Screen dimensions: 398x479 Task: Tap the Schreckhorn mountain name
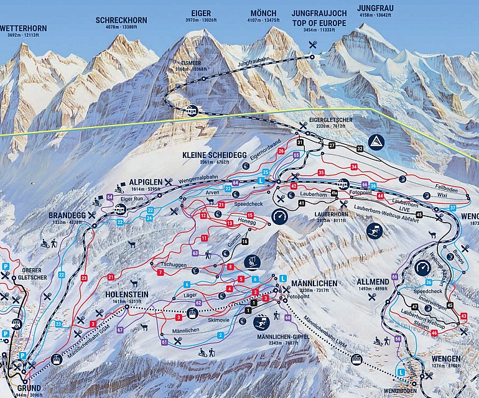click(x=121, y=21)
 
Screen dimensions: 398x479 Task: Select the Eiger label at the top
click(x=202, y=13)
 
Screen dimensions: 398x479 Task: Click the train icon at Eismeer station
click(x=192, y=111)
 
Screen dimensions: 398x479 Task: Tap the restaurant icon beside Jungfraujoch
click(x=312, y=44)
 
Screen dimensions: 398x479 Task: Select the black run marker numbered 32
click(x=360, y=149)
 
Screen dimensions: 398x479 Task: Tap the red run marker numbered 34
click(x=354, y=167)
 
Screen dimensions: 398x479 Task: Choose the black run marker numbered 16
click(x=245, y=241)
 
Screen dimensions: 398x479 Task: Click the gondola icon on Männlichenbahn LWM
click(x=357, y=359)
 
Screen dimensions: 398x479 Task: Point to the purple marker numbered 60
click(x=287, y=317)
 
